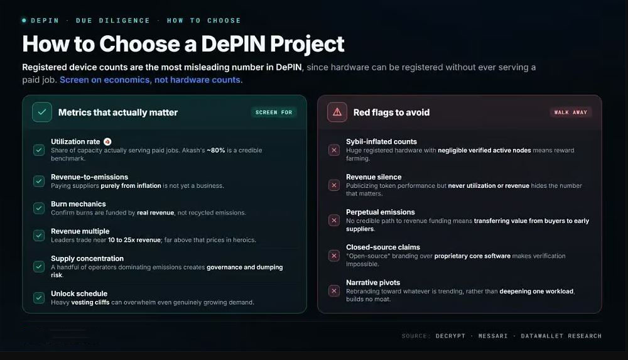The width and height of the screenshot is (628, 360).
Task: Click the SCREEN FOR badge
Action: (274, 112)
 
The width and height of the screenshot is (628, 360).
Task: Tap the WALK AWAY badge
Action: (571, 112)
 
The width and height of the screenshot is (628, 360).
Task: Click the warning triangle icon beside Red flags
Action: (337, 112)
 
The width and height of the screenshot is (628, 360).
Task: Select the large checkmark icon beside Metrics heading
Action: (42, 112)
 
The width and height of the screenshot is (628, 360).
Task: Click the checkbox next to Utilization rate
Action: (39, 150)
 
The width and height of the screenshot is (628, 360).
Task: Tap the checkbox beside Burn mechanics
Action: (39, 208)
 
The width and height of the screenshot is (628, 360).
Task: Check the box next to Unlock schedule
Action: (39, 297)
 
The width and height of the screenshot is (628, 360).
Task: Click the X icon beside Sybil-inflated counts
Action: (334, 150)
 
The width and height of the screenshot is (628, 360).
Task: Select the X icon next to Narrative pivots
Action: (334, 291)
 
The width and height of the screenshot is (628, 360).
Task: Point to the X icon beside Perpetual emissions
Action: (334, 220)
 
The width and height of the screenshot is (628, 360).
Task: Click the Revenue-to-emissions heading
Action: (89, 177)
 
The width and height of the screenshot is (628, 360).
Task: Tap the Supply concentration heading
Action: (87, 259)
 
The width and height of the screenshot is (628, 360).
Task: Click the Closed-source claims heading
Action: (383, 248)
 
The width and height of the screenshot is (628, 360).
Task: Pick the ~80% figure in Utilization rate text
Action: (216, 150)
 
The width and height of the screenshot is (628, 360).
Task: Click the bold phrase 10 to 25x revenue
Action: (134, 240)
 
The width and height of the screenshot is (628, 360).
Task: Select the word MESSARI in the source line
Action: (493, 336)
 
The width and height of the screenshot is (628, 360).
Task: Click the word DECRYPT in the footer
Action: (450, 336)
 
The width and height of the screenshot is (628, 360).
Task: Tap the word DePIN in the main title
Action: (233, 43)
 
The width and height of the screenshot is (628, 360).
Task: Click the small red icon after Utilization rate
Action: (107, 141)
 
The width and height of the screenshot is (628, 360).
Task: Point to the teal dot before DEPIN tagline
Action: (24, 20)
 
